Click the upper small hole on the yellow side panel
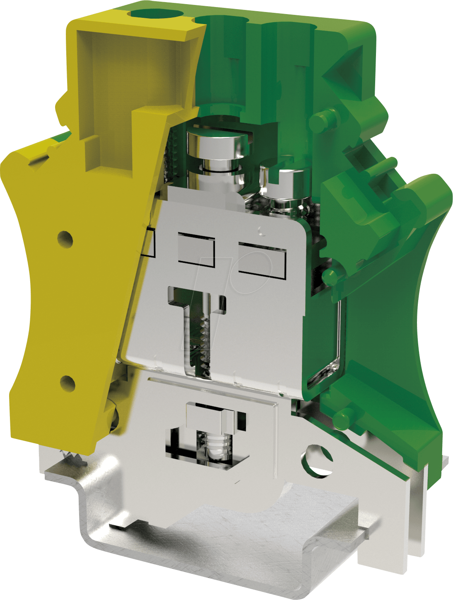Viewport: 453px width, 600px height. coord(65,239)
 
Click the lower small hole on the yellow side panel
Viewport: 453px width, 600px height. coord(67,383)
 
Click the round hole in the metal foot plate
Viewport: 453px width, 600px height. coord(318,460)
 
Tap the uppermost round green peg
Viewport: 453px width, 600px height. coord(320,120)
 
